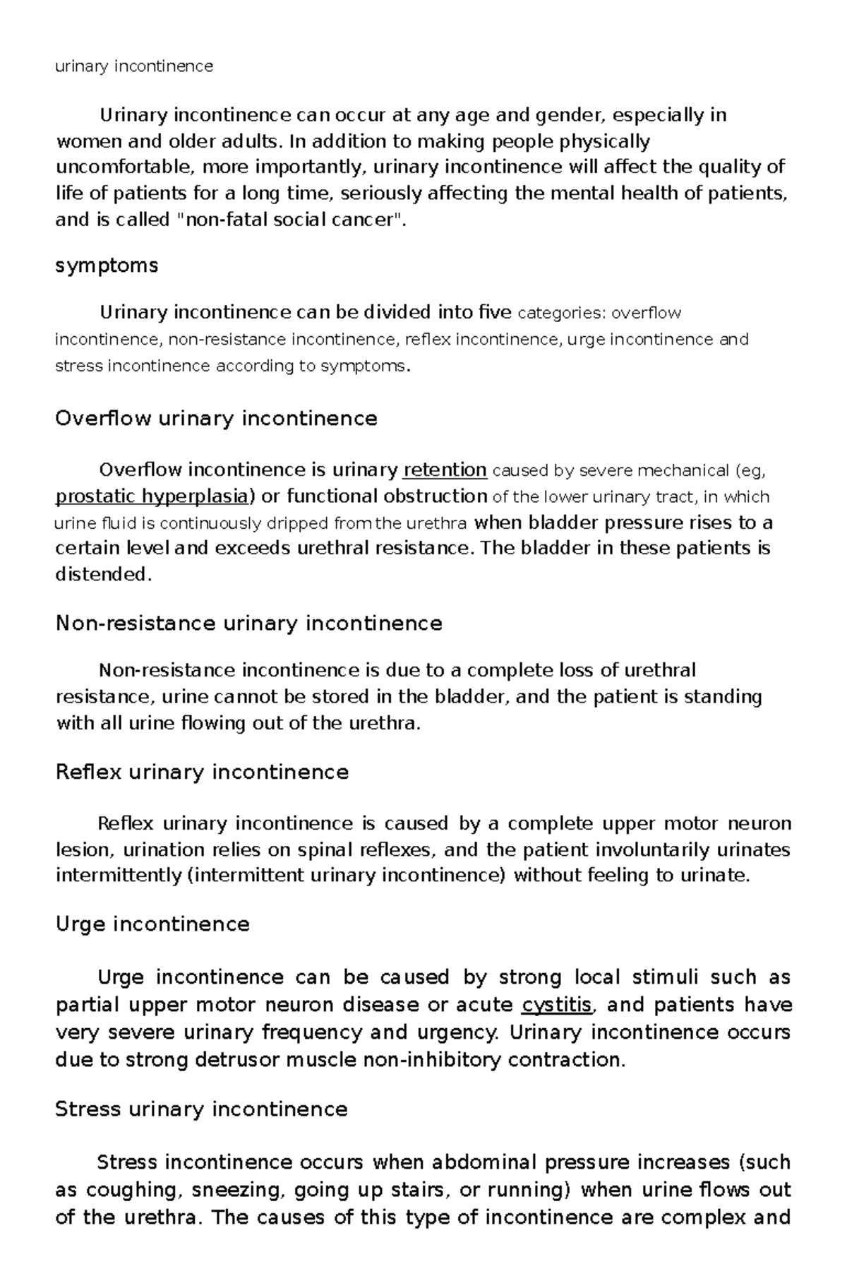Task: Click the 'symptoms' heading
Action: point(107,266)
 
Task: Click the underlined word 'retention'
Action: point(445,470)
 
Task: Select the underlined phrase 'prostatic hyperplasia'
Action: point(152,496)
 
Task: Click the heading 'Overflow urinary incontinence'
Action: point(216,419)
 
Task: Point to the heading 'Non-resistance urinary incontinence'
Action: point(248,624)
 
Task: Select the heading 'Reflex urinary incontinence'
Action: point(202,772)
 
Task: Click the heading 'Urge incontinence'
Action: point(152,924)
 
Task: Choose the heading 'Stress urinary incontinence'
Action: point(201,1109)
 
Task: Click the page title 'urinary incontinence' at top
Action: point(134,66)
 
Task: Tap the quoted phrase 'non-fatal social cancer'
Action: point(291,220)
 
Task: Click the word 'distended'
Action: point(102,575)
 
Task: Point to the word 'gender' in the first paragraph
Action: point(569,114)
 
